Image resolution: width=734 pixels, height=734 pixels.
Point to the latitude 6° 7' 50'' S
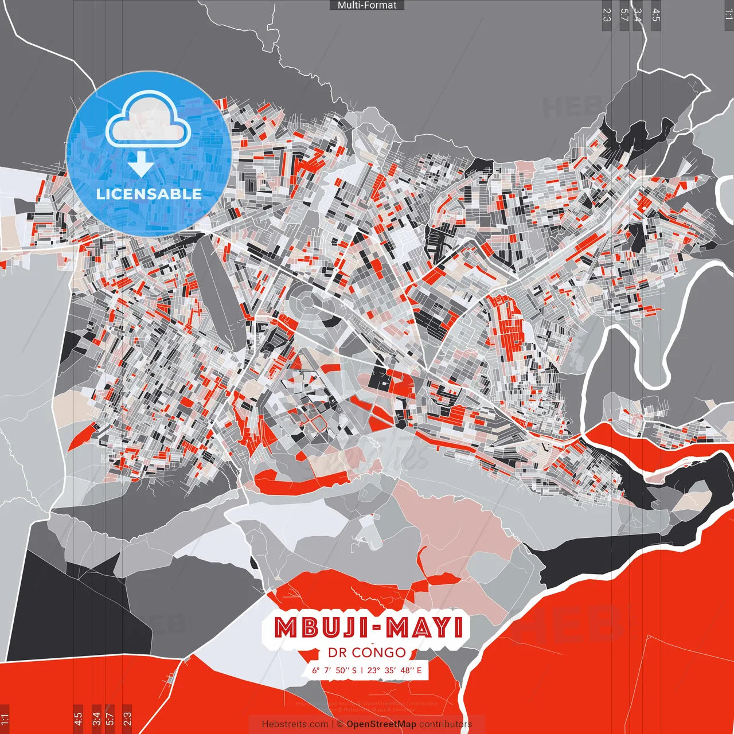click(x=334, y=670)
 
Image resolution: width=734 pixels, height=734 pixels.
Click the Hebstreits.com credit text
click(x=295, y=724)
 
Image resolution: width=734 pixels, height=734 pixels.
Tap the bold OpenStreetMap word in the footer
click(x=381, y=724)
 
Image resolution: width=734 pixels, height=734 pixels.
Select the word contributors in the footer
click(x=446, y=724)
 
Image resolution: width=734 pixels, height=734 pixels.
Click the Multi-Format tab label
click(x=367, y=5)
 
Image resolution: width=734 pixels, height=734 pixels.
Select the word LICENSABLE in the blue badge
click(x=149, y=194)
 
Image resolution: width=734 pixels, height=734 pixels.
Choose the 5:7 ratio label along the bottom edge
click(x=110, y=719)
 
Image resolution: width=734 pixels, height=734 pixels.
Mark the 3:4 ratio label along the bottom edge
click(x=96, y=719)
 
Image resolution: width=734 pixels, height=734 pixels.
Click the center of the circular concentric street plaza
click(x=306, y=299)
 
